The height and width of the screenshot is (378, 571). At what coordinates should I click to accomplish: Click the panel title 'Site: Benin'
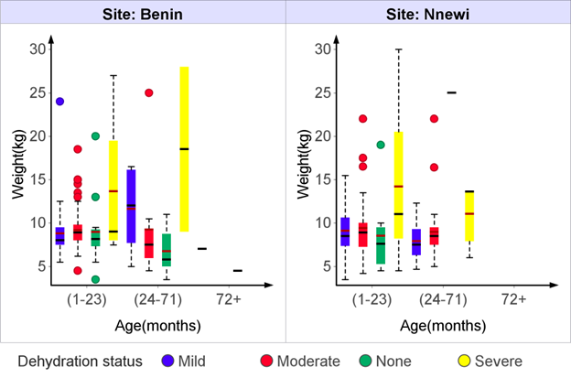tap(144, 10)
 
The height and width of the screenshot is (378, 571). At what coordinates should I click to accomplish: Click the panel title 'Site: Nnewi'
tap(427, 10)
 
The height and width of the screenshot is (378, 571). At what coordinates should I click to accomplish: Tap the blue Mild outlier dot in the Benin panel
tap(59, 102)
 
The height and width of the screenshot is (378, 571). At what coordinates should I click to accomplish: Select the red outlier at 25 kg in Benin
tap(148, 92)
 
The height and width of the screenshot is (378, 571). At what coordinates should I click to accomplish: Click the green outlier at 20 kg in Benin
tap(95, 136)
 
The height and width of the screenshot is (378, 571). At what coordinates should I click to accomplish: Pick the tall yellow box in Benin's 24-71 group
tap(184, 148)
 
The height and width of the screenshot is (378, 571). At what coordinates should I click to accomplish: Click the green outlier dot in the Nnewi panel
tap(381, 145)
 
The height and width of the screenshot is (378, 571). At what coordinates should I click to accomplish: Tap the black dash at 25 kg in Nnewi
tap(451, 92)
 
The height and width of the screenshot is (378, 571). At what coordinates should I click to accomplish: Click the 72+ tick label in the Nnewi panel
tap(513, 299)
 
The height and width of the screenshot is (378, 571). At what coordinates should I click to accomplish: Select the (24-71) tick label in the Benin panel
tap(156, 299)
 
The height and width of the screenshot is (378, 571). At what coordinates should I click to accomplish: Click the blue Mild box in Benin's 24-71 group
tap(131, 206)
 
